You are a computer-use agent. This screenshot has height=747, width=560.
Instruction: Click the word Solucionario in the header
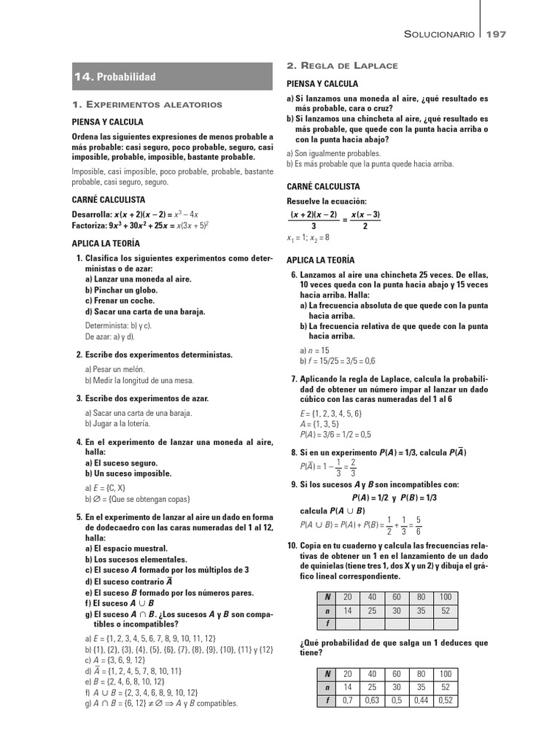pyautogui.click(x=440, y=34)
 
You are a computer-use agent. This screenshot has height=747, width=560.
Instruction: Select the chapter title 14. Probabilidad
pyautogui.click(x=115, y=77)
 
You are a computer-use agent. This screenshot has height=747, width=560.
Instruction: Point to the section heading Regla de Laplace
pyautogui.click(x=342, y=66)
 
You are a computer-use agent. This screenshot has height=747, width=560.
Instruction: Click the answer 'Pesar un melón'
pyautogui.click(x=110, y=370)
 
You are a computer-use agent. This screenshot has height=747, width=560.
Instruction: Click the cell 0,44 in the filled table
pyautogui.click(x=421, y=700)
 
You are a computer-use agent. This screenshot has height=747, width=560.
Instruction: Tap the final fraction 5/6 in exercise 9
pyautogui.click(x=418, y=525)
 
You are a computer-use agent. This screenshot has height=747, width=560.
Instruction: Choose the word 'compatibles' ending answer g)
pyautogui.click(x=217, y=703)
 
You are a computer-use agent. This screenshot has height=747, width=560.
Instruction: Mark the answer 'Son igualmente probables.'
pyautogui.click(x=333, y=153)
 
